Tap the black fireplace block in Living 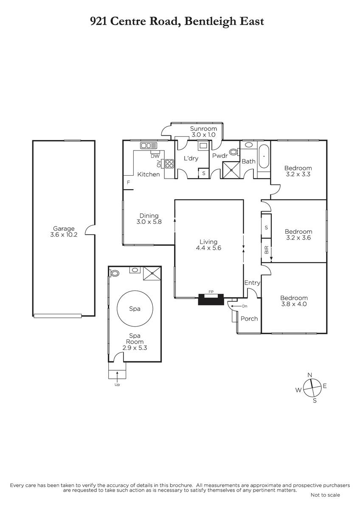click(x=211, y=299)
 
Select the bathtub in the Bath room click(x=264, y=157)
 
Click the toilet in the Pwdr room click(x=234, y=151)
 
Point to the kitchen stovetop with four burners click(x=169, y=164)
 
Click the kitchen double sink click(x=149, y=145)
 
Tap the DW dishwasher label click(x=155, y=156)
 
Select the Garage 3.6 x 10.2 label click(x=64, y=232)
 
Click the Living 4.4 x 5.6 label click(x=208, y=245)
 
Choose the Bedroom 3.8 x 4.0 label click(x=294, y=301)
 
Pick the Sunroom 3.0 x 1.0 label click(x=203, y=131)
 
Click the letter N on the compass click(x=309, y=375)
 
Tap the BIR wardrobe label click(x=267, y=250)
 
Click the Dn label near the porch click(x=245, y=306)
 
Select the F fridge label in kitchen click(x=128, y=182)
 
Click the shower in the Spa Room click(x=152, y=273)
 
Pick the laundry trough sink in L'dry click(x=202, y=145)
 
